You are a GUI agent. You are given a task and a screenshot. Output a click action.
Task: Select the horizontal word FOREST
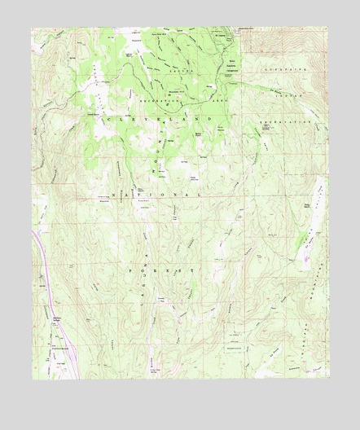point(160,268)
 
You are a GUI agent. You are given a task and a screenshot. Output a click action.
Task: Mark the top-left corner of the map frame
point(33,28)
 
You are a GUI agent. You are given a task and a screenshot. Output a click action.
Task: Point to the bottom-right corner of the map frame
point(328,378)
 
